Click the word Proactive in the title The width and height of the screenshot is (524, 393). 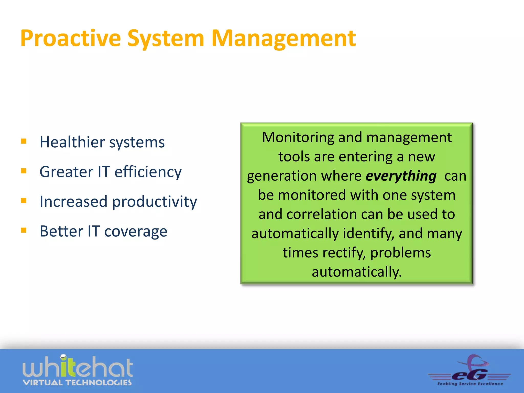click(x=70, y=38)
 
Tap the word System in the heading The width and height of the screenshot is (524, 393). click(x=166, y=38)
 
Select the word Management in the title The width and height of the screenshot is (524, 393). click(x=283, y=38)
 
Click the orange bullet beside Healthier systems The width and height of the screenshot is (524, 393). click(x=24, y=141)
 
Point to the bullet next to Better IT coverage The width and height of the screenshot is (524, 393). click(x=24, y=230)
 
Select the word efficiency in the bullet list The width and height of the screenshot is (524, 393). click(x=148, y=172)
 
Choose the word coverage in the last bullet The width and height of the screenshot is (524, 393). click(x=136, y=232)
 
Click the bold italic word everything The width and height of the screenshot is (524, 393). click(x=401, y=176)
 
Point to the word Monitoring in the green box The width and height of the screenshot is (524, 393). click(x=298, y=137)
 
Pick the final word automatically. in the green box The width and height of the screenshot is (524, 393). click(x=357, y=272)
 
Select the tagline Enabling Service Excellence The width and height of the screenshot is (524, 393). click(x=470, y=384)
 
